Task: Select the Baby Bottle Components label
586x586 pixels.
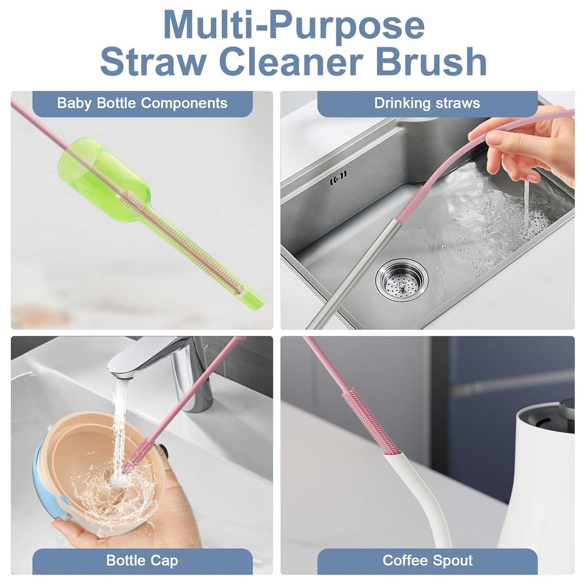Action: tap(142, 103)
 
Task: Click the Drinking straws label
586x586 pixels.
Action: tap(427, 103)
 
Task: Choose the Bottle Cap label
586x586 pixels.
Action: tap(142, 560)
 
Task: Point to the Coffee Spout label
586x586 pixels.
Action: tap(427, 560)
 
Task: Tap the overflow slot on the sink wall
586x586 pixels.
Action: tap(338, 175)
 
